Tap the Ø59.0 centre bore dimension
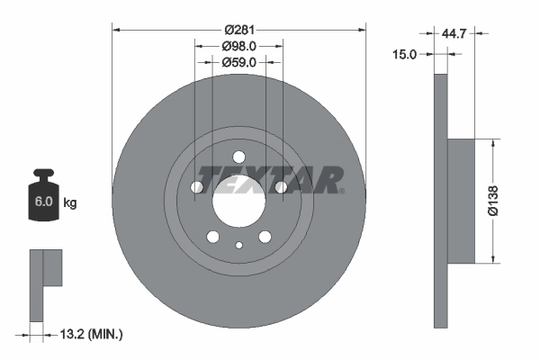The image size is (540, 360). [x=239, y=62]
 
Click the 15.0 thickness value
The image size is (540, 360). [x=406, y=54]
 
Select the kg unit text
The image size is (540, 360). [x=70, y=203]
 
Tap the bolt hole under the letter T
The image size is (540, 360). [x=198, y=187]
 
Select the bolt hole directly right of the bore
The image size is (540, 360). [x=281, y=187]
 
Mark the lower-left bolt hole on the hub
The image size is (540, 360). [x=213, y=237]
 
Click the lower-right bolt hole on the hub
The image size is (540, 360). [x=265, y=237]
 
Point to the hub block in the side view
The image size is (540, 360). [x=466, y=201]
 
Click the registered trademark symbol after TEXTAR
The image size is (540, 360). [x=342, y=191]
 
